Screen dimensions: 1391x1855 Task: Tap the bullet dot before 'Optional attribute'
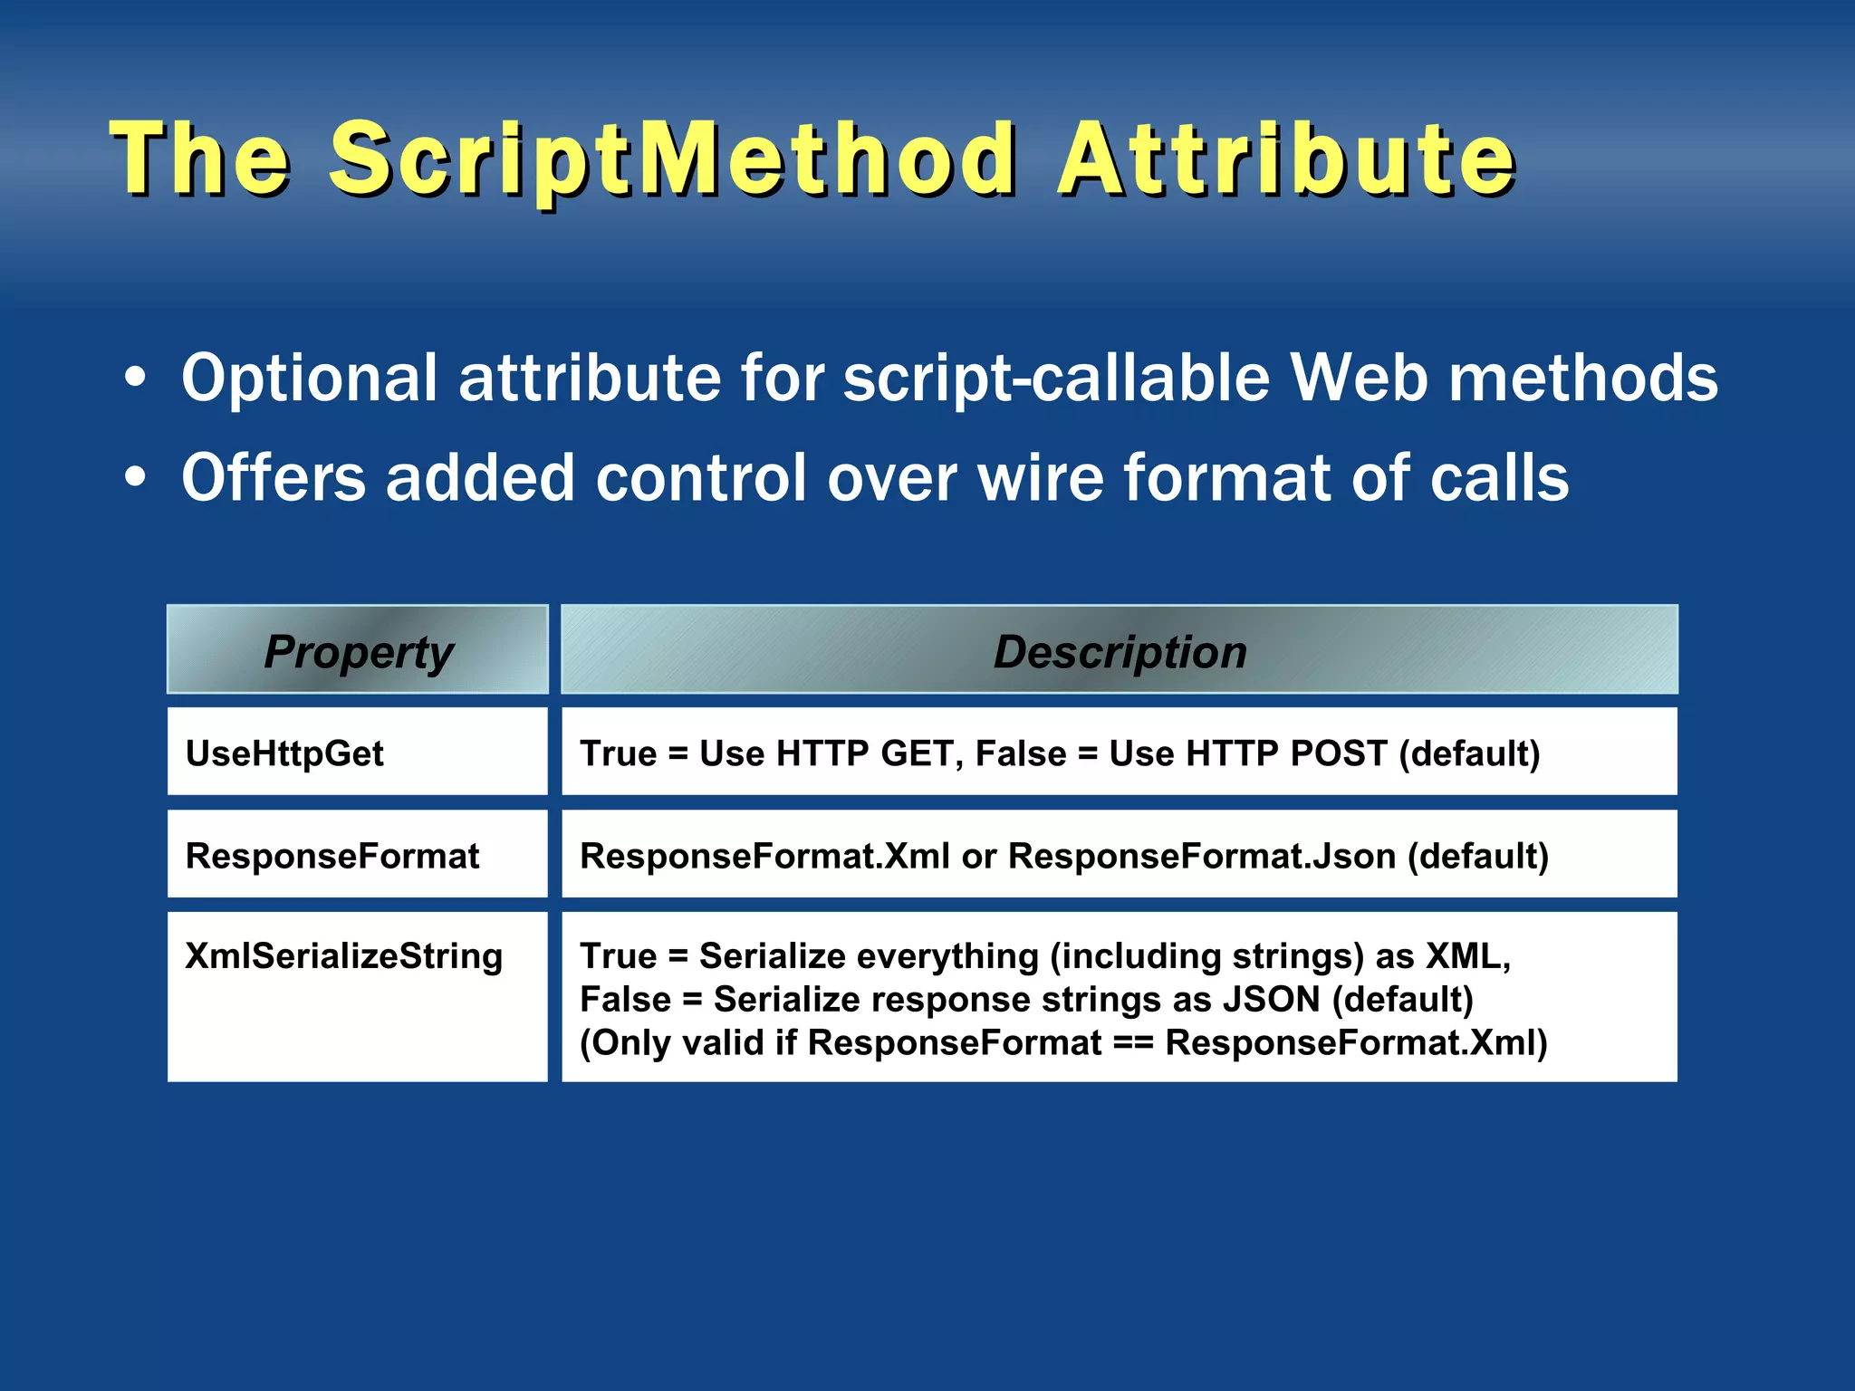(x=135, y=379)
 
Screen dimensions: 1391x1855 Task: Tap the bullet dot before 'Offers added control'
(x=135, y=478)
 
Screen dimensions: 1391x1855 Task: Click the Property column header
(x=358, y=650)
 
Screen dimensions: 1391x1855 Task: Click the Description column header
(x=1120, y=650)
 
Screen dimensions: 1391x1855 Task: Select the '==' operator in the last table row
(x=1133, y=1043)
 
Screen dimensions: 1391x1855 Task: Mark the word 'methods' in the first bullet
(x=1582, y=379)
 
